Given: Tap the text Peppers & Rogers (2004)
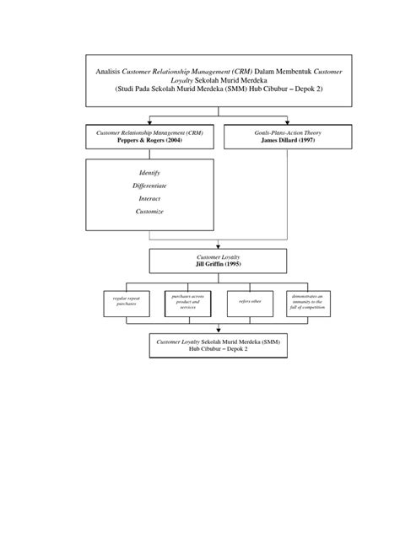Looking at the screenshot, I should (149, 141).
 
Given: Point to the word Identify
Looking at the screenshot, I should (149, 172).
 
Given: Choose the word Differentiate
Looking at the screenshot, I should (149, 186).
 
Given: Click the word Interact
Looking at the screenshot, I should (149, 199).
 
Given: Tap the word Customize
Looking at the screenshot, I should (149, 212).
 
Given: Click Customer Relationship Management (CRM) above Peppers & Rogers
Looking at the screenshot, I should (149, 133).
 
